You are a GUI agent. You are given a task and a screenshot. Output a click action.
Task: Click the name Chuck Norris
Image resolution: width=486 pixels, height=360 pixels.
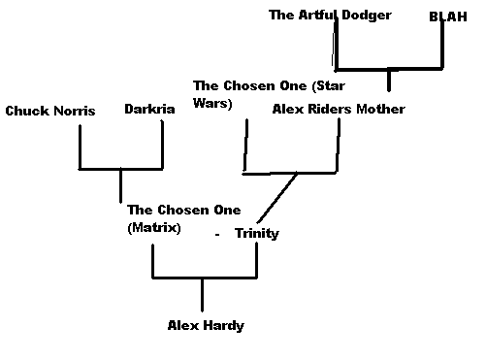coord(49,111)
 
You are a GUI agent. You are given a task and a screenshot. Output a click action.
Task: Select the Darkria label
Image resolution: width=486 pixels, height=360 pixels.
coord(149,109)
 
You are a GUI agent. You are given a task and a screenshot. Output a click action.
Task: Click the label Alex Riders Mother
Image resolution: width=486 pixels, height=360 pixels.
coord(339,109)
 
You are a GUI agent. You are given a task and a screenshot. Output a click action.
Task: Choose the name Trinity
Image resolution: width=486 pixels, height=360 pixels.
coord(256,233)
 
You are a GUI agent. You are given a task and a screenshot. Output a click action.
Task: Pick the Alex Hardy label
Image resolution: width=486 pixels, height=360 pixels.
coord(206,326)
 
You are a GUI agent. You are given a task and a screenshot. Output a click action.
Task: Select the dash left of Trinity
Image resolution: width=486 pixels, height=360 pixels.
coord(218,235)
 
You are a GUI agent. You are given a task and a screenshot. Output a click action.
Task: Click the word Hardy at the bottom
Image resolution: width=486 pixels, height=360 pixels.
coord(224,326)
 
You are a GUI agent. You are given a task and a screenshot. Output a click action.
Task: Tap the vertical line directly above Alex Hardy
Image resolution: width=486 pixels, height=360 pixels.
coord(202,294)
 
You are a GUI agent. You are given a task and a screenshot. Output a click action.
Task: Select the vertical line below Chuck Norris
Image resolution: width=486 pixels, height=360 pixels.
coord(80,146)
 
